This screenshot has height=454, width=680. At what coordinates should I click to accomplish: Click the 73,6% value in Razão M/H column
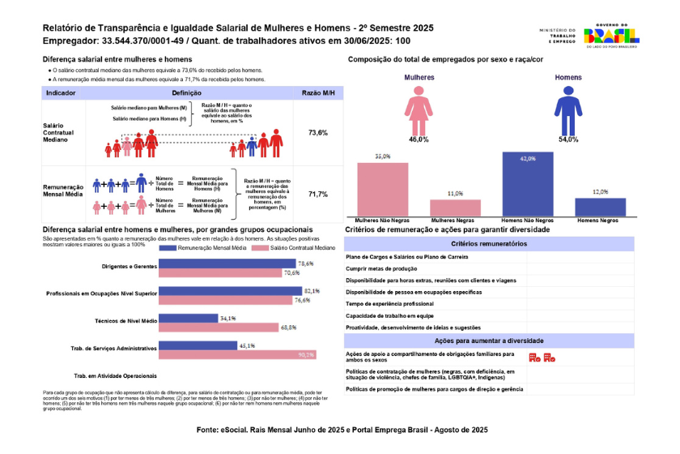coord(317,132)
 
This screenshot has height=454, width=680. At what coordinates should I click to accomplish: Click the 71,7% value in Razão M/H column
coord(317,195)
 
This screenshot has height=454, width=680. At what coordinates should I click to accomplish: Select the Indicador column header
coord(62,94)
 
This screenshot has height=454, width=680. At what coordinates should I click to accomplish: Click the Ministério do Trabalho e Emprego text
coord(556,35)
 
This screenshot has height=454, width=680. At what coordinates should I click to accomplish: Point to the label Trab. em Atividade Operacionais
coord(114,377)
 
